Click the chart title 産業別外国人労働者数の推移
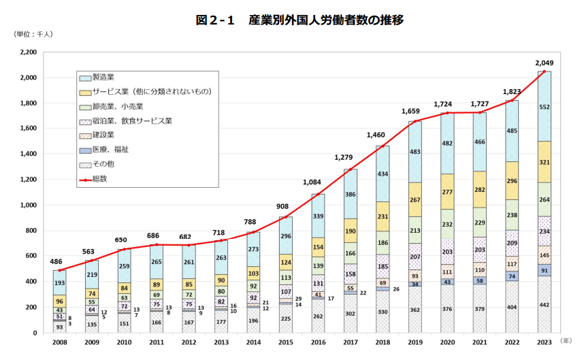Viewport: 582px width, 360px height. point(300,20)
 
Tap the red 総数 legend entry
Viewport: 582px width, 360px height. point(99,178)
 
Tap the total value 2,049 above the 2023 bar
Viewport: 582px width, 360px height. point(543,62)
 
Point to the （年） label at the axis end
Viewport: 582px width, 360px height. point(568,339)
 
